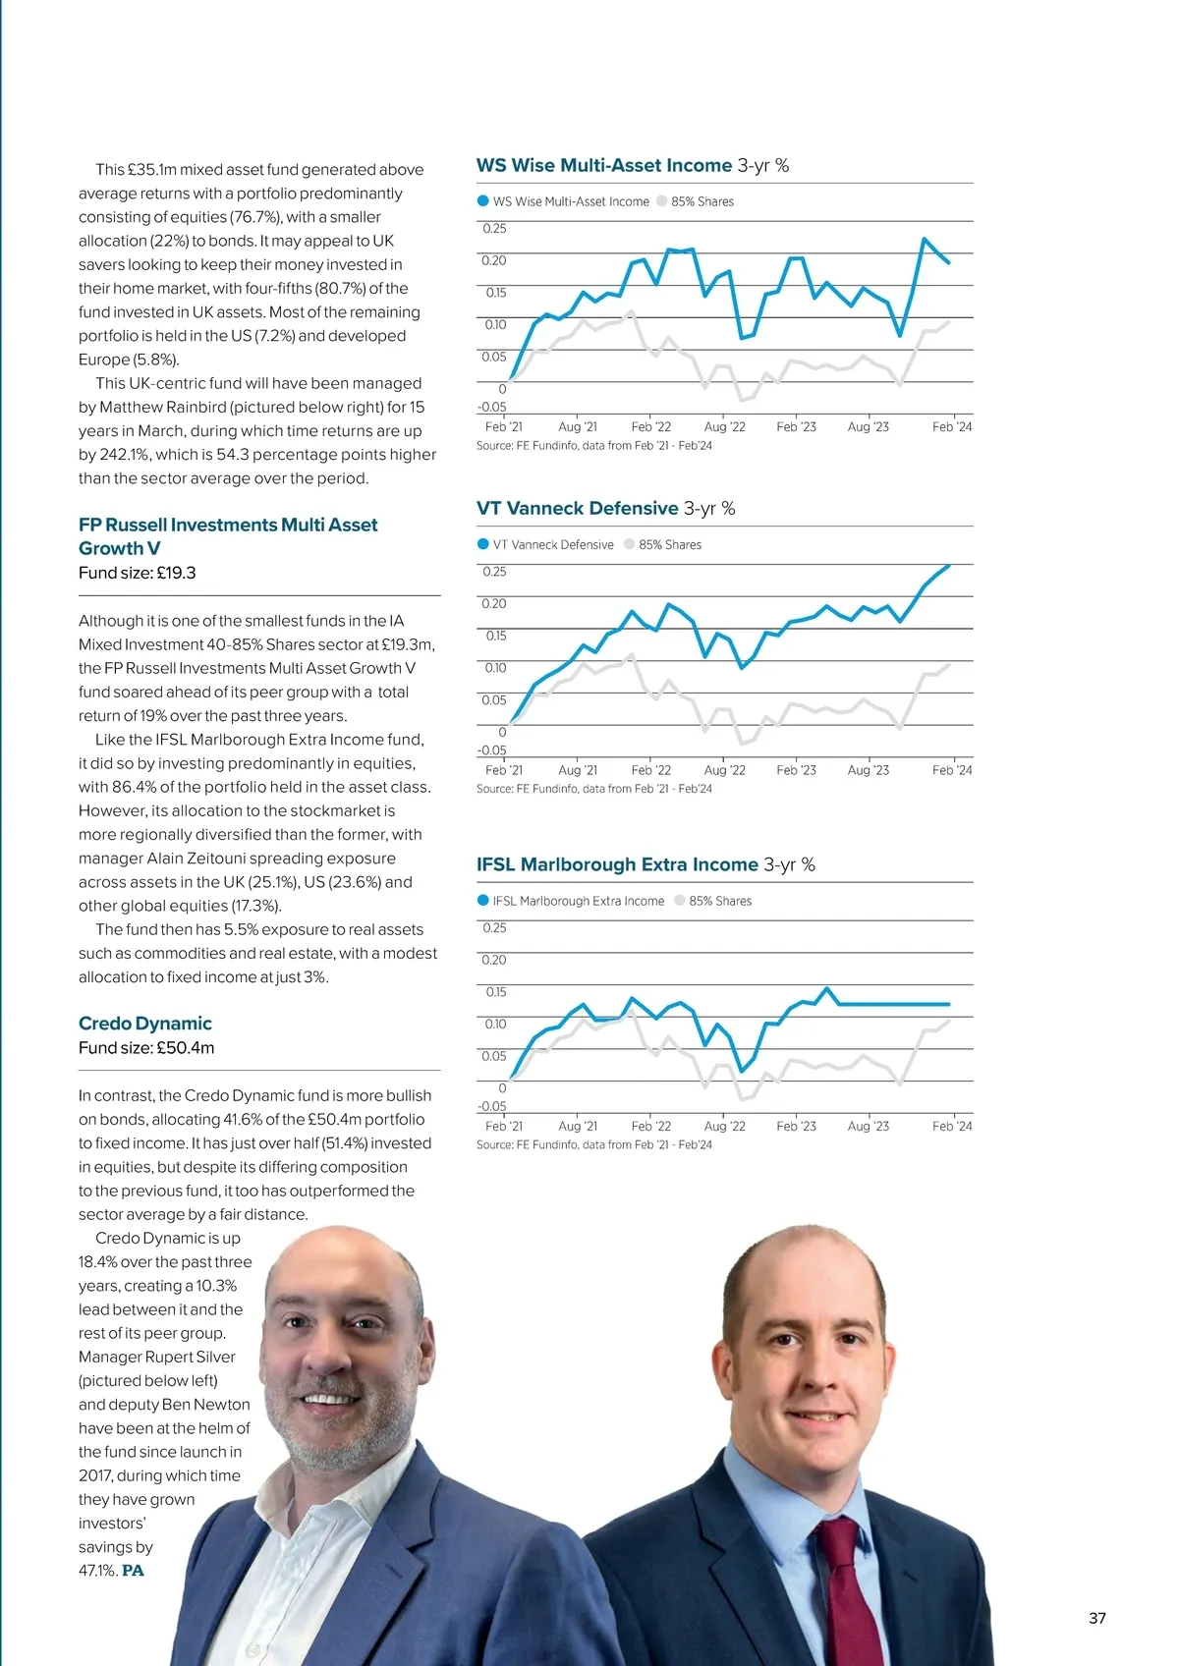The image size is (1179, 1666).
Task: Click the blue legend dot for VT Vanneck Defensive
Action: (482, 544)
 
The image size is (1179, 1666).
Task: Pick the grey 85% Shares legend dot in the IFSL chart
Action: (680, 901)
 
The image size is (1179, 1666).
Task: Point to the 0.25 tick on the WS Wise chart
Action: (494, 229)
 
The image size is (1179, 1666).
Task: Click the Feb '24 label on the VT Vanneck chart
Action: (951, 770)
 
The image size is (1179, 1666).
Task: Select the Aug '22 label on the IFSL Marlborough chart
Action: (724, 1127)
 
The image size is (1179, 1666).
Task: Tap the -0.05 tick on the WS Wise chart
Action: (492, 407)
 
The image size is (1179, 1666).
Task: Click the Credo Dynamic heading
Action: (145, 1024)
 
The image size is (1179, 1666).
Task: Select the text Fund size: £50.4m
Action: (146, 1048)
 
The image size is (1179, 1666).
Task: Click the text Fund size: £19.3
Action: (137, 573)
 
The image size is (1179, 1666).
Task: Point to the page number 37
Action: (1097, 1619)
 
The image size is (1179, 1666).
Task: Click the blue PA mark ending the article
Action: (133, 1571)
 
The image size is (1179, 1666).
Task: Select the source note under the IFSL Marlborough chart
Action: (593, 1145)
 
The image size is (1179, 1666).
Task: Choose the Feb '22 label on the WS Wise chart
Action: (650, 427)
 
